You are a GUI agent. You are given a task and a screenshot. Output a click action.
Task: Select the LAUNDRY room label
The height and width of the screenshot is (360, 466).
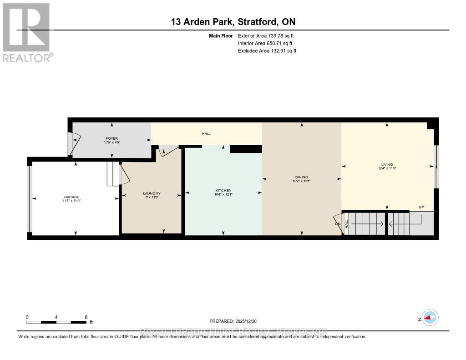tap(152, 193)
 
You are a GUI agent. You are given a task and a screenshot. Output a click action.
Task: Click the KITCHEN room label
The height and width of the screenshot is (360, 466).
tap(223, 190)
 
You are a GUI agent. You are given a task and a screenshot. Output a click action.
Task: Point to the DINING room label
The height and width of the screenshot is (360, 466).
tap(301, 177)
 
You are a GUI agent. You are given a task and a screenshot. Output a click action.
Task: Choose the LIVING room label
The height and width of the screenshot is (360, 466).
tap(387, 165)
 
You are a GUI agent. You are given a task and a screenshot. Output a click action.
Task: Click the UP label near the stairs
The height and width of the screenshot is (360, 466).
tap(421, 208)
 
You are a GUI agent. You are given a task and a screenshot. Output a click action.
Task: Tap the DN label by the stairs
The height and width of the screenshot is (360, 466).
tap(337, 223)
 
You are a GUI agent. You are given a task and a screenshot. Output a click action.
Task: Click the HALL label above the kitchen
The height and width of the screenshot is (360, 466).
tap(206, 134)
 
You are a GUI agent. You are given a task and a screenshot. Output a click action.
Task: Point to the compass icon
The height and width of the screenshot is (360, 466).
tap(430, 318)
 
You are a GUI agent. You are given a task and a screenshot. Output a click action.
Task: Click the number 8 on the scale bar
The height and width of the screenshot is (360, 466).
tap(86, 317)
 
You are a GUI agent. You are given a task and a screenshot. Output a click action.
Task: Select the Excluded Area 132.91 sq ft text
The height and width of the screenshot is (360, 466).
tap(267, 51)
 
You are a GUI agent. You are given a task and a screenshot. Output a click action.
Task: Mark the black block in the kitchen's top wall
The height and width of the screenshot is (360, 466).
tap(246, 149)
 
